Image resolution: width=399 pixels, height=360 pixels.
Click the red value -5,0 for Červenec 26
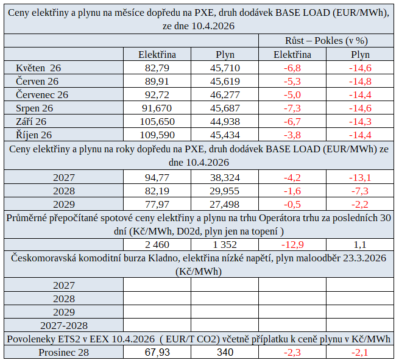click(x=292, y=94)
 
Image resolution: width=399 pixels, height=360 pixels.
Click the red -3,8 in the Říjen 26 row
click(x=292, y=135)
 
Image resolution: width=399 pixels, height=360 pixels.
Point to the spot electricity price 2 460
click(x=157, y=245)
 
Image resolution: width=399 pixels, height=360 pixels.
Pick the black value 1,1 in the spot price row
click(x=359, y=245)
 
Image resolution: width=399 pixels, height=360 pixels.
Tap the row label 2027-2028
click(x=64, y=325)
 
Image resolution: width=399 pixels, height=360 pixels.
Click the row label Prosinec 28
click(x=64, y=352)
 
